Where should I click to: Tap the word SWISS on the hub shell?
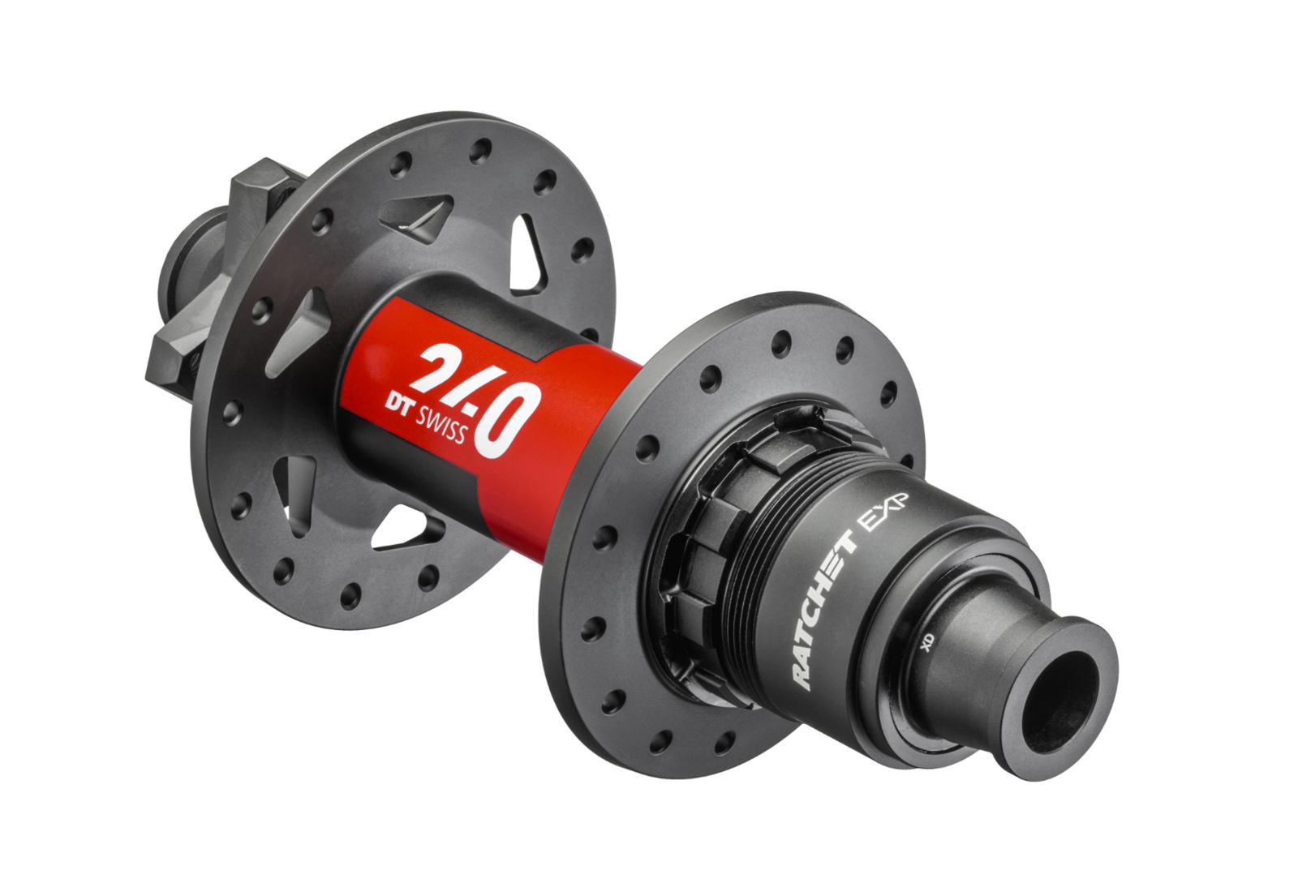pyautogui.click(x=442, y=425)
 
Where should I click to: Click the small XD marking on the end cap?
pyautogui.click(x=928, y=641)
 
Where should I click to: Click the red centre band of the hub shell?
pyautogui.click(x=568, y=422)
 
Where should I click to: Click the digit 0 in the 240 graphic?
pyautogui.click(x=507, y=418)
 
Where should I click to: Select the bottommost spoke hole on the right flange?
pyautogui.click(x=662, y=742)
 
